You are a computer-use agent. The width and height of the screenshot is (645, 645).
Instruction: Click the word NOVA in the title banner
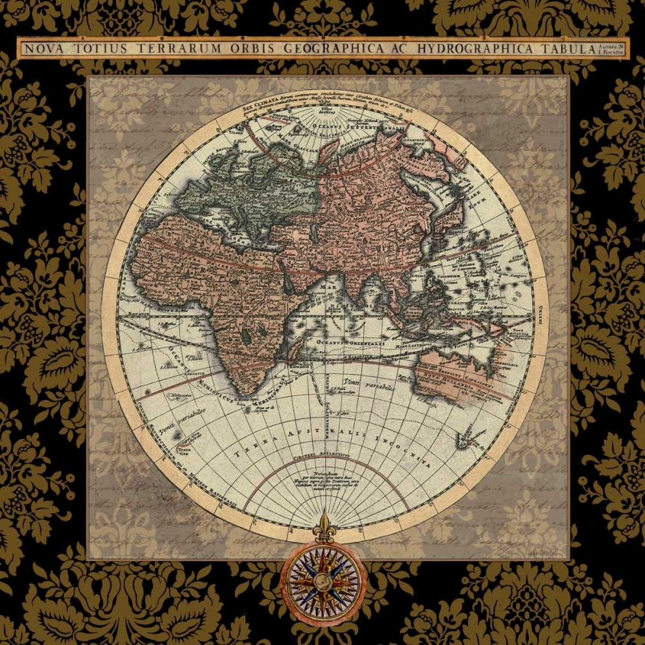pos(43,48)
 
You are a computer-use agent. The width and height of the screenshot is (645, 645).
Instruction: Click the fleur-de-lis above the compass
pos(323,525)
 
